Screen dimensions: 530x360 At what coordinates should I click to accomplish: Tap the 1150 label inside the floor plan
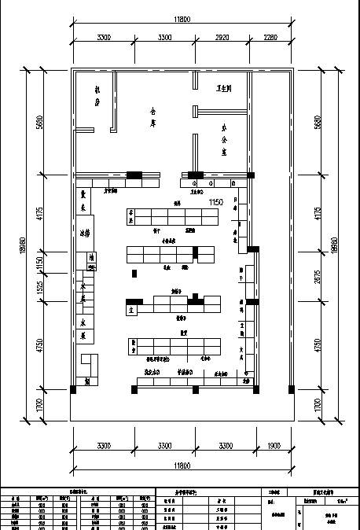coord(216,203)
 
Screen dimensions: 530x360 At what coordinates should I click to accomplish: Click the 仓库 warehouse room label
coord(154,117)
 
